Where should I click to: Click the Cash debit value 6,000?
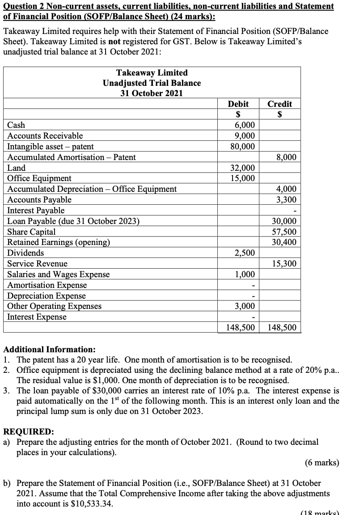pyautogui.click(x=246, y=125)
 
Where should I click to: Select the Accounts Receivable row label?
pyautogui.click(x=45, y=136)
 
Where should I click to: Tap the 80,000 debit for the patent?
pyautogui.click(x=243, y=147)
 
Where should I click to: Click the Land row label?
pyautogui.click(x=17, y=168)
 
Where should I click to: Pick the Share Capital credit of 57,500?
pyautogui.click(x=284, y=232)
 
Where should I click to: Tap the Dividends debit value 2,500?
pyautogui.click(x=246, y=253)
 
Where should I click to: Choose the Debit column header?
pyautogui.click(x=238, y=104)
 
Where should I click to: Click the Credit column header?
pyautogui.click(x=280, y=104)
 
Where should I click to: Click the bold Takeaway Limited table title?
pyautogui.click(x=152, y=72)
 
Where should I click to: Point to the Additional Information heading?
pyautogui.click(x=49, y=349)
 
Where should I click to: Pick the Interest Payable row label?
pyautogui.click(x=36, y=210)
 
